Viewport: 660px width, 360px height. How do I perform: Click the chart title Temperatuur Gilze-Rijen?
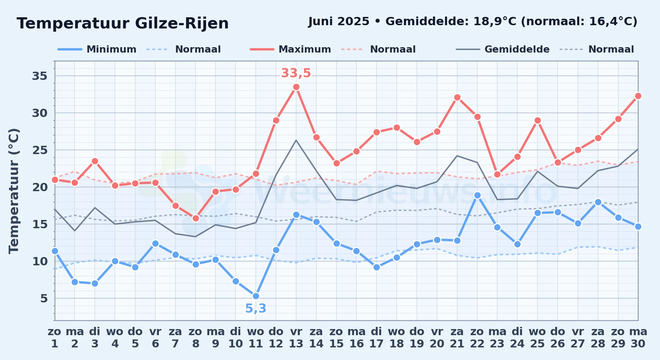coord(122,23)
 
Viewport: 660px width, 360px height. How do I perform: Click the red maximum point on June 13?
coord(296,87)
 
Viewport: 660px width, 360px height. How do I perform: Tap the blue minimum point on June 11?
coord(256,296)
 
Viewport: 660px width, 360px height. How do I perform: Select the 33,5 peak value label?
coord(296,73)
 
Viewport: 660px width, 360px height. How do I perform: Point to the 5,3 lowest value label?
coord(256,309)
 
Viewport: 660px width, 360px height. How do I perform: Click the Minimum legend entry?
coord(97,49)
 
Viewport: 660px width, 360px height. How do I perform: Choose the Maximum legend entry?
coord(290,49)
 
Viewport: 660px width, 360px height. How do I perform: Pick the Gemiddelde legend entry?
coord(503,49)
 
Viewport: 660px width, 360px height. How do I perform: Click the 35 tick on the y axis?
coord(40,76)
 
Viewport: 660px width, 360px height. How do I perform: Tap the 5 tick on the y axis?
coord(44,298)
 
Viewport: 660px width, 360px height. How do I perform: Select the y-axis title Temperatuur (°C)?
coord(14,191)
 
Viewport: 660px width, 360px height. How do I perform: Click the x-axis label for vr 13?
coord(296,338)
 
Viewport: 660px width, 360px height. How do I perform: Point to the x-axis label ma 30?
coord(638,338)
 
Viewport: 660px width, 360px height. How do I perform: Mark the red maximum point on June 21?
coord(457,98)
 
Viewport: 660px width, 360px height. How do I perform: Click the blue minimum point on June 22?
coord(477,195)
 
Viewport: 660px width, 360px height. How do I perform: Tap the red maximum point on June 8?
coord(196,219)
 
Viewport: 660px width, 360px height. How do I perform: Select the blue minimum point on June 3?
coord(95,284)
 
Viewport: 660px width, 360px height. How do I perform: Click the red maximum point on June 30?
coord(638,96)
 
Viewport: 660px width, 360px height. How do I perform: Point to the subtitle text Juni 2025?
coord(339,22)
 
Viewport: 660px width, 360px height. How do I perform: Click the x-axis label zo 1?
coord(55,338)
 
